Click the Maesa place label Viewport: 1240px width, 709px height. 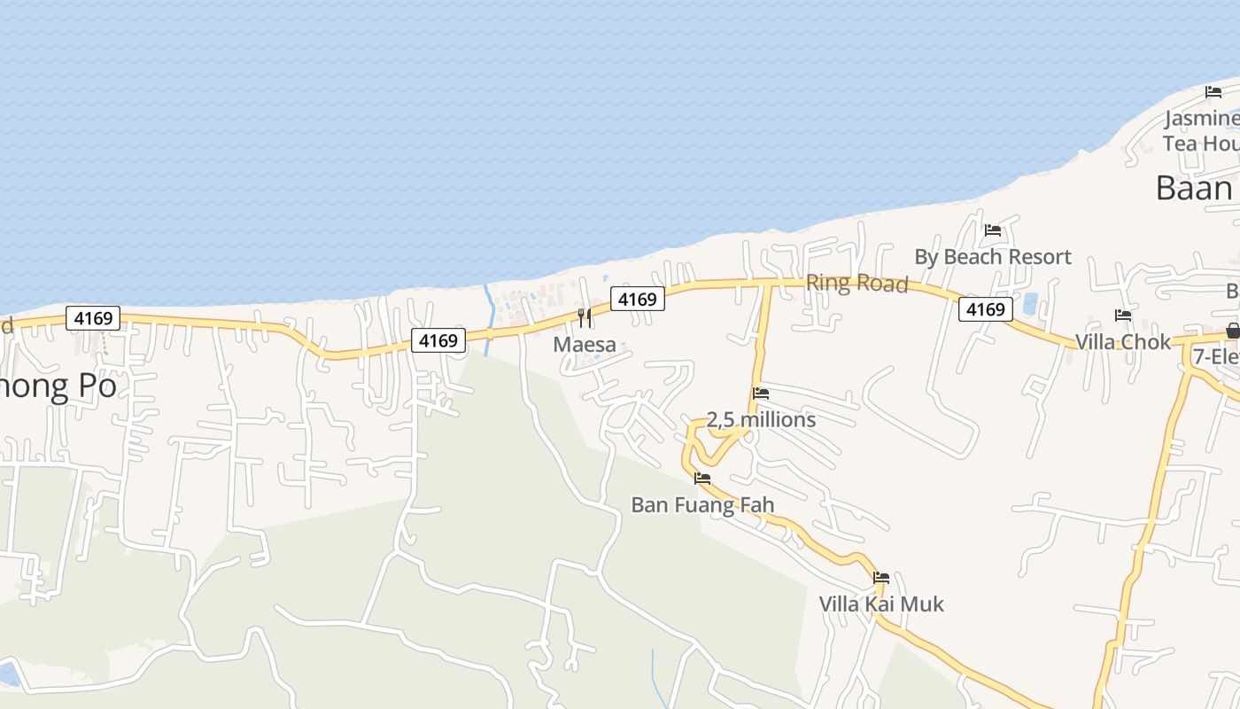point(585,344)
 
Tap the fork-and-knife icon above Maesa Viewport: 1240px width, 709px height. point(585,317)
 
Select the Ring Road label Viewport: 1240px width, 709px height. point(856,284)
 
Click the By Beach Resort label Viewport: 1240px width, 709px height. point(993,257)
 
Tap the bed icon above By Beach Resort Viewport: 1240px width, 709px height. point(993,230)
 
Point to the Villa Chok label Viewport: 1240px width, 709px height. point(1122,342)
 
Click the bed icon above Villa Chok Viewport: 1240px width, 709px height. point(1123,316)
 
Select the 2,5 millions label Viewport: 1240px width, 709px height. point(761,419)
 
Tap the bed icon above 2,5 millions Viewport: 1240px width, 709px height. point(761,393)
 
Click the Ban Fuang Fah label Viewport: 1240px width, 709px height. point(702,505)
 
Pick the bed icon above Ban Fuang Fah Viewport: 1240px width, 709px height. point(702,479)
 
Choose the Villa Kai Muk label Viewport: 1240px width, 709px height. point(881,604)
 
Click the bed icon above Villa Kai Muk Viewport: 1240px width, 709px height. point(881,578)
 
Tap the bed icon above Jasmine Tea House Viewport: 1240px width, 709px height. point(1213,92)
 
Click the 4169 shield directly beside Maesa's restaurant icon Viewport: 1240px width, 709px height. point(638,300)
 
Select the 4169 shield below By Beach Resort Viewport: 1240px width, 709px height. point(985,309)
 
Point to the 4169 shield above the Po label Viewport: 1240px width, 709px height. point(93,318)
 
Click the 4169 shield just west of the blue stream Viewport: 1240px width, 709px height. point(438,340)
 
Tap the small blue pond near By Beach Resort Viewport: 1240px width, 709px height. point(1030,305)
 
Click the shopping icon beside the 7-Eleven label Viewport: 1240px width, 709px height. point(1232,331)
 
